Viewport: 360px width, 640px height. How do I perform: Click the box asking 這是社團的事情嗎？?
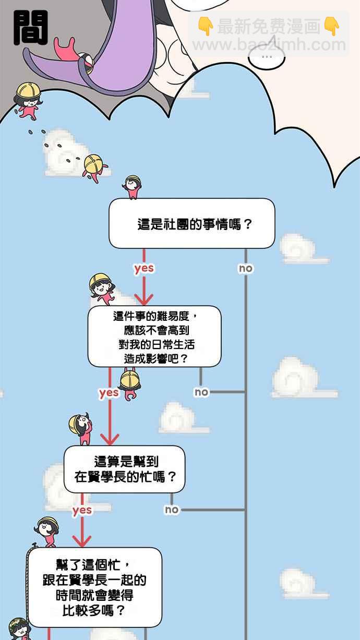[x=191, y=224]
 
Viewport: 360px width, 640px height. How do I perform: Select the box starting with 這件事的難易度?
[x=154, y=336]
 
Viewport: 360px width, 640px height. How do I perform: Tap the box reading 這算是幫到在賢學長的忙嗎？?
[x=125, y=469]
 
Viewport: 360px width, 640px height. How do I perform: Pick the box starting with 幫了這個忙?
[x=94, y=587]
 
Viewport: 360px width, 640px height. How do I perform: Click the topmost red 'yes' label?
[x=144, y=268]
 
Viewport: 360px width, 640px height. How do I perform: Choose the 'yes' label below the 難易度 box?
[x=109, y=392]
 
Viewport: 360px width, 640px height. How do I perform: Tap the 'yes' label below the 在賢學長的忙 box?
[x=82, y=510]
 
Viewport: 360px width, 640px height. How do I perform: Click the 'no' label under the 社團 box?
[x=245, y=268]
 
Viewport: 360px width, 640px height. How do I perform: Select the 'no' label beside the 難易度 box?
[x=201, y=392]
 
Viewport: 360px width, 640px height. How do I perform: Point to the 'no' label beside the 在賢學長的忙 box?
[x=172, y=510]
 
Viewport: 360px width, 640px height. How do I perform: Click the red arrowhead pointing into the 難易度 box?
[x=144, y=299]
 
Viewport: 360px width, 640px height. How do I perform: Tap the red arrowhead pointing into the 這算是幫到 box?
[x=110, y=439]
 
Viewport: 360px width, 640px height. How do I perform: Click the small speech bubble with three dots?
[x=267, y=56]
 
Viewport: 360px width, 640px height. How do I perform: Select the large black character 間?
[x=30, y=28]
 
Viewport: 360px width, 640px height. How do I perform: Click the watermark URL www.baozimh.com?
[x=269, y=45]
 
